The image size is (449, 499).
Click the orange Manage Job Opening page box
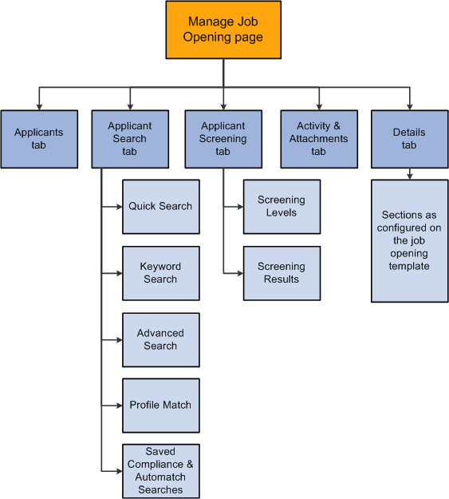(223, 30)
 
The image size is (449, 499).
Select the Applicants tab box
(39, 139)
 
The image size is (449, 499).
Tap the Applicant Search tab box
(130, 139)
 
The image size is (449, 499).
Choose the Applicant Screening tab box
(223, 139)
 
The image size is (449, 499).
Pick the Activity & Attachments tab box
(318, 139)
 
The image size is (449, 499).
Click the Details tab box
(409, 139)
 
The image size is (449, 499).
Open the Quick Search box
(160, 206)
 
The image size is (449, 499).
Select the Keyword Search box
(160, 273)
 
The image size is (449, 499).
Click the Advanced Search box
(160, 339)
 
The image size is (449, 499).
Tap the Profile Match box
(160, 405)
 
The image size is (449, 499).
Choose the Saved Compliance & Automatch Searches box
(160, 471)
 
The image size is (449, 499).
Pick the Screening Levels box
(282, 206)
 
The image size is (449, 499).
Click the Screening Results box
(282, 273)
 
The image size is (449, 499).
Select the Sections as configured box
(409, 240)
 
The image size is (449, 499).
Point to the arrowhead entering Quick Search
(118, 206)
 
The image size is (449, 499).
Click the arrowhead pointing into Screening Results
(239, 273)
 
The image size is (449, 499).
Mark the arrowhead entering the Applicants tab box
(39, 106)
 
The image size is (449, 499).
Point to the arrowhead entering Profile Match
(118, 405)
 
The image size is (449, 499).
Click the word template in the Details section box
(409, 266)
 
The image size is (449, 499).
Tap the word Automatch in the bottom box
(160, 477)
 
